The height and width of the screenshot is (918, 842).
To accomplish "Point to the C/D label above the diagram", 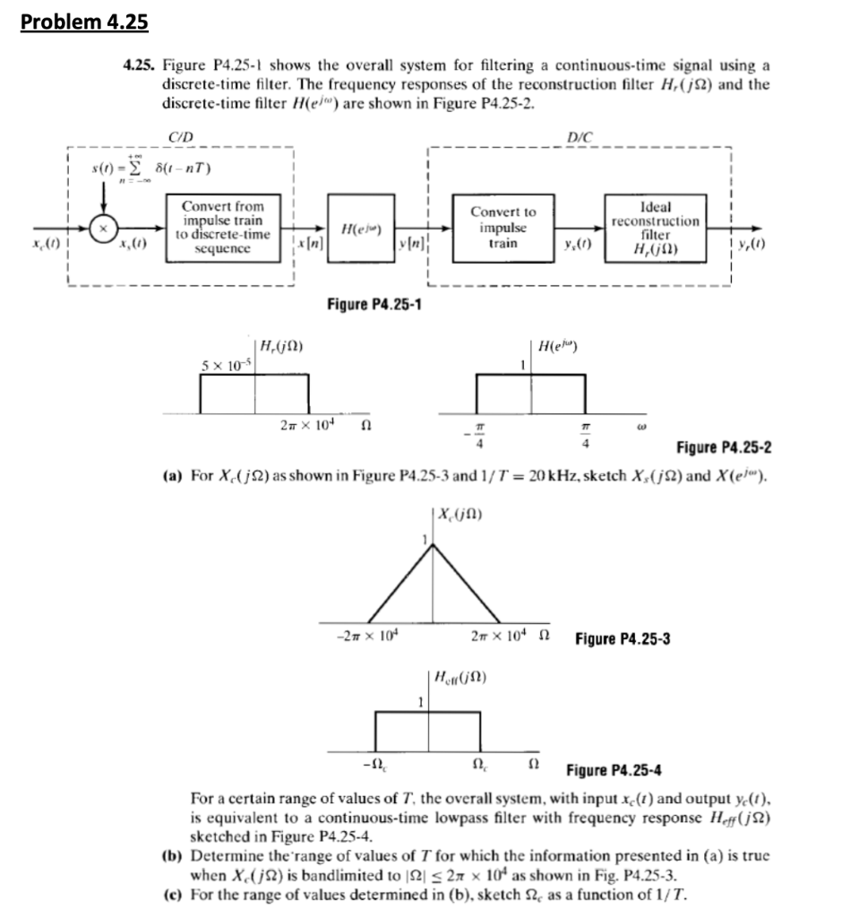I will point(178,136).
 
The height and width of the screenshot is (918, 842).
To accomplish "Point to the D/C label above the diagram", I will point(580,136).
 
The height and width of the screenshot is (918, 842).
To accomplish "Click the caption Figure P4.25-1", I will point(374,305).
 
